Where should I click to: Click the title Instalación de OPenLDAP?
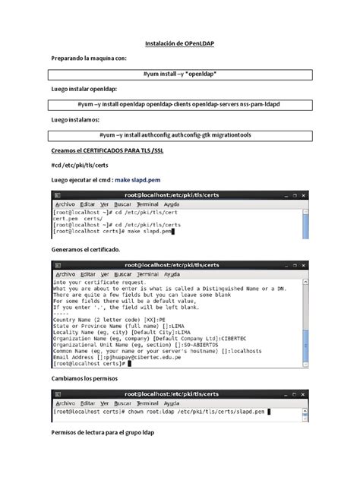[x=179, y=45]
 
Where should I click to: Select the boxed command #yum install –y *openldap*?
[x=179, y=74]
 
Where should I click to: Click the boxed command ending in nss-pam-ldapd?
[x=179, y=104]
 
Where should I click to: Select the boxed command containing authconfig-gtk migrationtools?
[x=179, y=134]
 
